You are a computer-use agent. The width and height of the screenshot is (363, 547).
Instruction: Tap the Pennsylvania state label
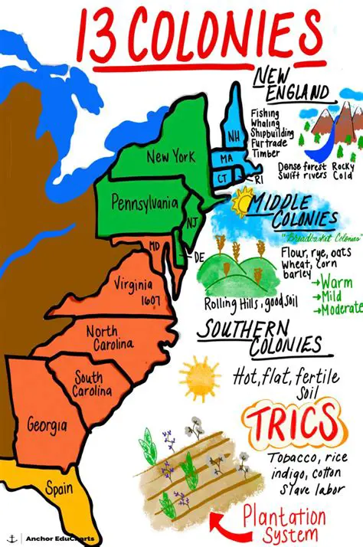pos(145,204)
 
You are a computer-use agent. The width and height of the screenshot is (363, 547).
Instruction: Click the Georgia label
pos(47,423)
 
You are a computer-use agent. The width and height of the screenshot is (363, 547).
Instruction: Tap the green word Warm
pos(337,282)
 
